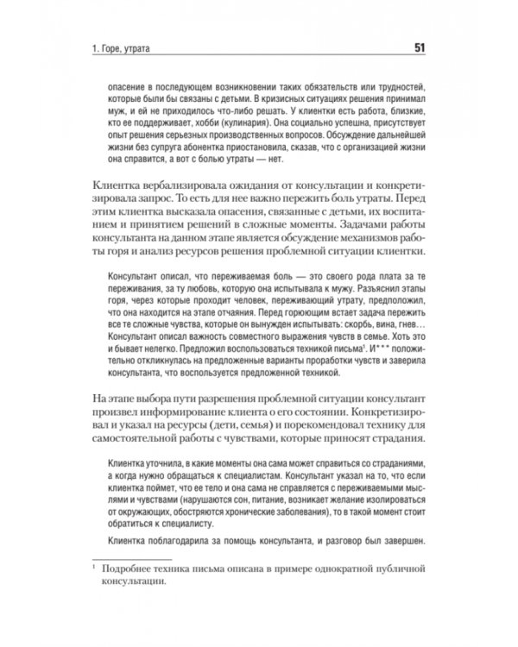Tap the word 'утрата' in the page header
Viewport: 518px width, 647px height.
134,47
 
